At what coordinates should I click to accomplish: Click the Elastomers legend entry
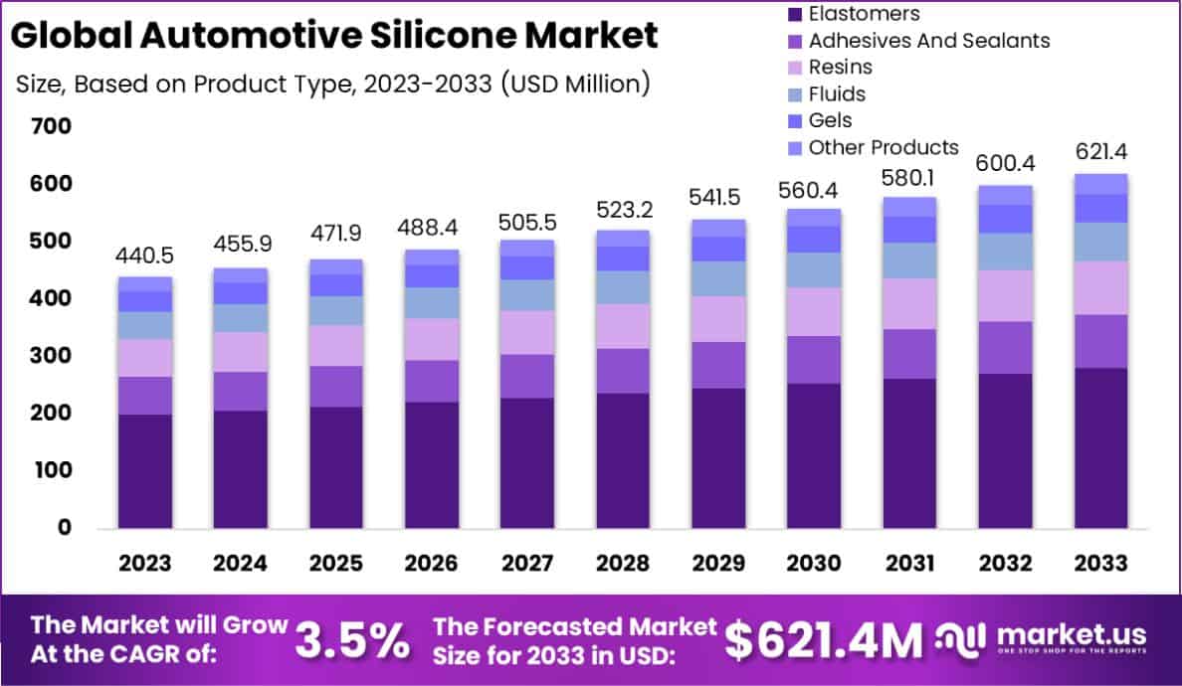(863, 14)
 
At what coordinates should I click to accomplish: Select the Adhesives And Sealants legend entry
(928, 41)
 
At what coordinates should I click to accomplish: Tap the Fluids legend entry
(837, 94)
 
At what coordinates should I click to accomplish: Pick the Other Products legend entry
(883, 148)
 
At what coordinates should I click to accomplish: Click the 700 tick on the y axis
(51, 126)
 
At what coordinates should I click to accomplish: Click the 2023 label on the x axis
(144, 563)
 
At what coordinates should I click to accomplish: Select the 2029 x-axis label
(717, 563)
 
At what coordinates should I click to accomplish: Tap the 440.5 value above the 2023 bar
(144, 254)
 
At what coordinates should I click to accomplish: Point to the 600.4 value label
(1004, 163)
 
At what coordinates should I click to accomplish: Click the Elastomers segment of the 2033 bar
(1100, 447)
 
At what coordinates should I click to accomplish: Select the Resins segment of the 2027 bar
(527, 332)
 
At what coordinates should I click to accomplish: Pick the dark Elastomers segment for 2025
(335, 467)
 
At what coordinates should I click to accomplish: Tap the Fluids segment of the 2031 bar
(909, 260)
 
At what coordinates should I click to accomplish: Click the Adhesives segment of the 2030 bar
(813, 360)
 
